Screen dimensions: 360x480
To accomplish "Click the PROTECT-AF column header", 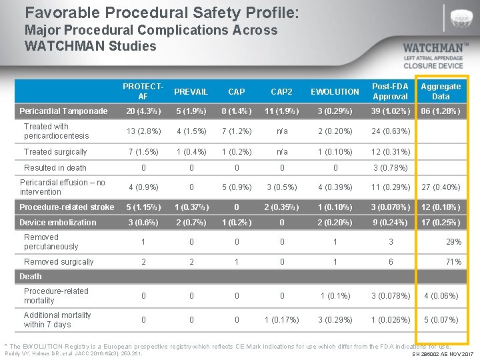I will (143, 91).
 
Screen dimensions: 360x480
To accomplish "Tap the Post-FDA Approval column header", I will (390, 91).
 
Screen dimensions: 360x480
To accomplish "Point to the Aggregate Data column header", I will (441, 91).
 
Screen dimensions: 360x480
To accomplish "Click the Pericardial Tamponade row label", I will (63, 111).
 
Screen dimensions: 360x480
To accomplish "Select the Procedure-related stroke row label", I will (67, 207).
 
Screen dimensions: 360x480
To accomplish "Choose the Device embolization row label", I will (58, 223).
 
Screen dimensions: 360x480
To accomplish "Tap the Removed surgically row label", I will (59, 262).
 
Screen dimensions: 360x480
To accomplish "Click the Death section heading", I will (31, 276).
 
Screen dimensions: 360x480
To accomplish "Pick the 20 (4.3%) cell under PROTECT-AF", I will (143, 111).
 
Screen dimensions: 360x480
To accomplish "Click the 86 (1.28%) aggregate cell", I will (440, 111).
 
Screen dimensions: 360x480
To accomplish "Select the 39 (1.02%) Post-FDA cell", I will (390, 111).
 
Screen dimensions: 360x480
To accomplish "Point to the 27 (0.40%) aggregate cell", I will (440, 188).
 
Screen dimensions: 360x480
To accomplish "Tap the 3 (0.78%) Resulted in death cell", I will (390, 168).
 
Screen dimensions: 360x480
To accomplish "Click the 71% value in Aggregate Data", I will (454, 262).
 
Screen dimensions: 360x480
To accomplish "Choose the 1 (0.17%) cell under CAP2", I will (282, 320).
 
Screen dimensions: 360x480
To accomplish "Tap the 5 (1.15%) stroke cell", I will (143, 207).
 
